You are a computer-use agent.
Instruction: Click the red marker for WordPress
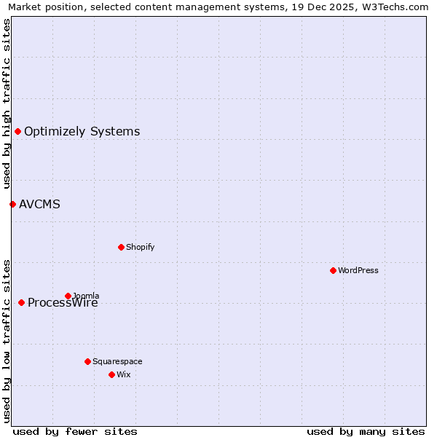point(333,270)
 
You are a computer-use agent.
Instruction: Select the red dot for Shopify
point(121,247)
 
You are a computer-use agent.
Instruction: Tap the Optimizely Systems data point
point(17,131)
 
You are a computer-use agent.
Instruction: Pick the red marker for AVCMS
point(12,204)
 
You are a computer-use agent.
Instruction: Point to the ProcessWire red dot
point(21,302)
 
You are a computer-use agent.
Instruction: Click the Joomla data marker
point(68,296)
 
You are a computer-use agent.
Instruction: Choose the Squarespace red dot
point(87,361)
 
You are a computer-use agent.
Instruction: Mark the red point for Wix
point(111,374)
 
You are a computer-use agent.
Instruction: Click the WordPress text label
point(358,270)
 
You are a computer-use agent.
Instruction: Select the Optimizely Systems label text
point(82,131)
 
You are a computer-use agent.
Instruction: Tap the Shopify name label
point(140,247)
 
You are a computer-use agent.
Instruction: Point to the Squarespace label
point(117,361)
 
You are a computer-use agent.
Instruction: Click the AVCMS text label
point(39,204)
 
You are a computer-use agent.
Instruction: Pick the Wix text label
point(123,374)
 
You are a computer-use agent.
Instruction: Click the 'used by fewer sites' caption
point(75,431)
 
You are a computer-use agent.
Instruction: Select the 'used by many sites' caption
point(366,431)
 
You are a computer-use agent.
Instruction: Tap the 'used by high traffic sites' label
point(7,103)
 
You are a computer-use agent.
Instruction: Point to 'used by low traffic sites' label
point(7,341)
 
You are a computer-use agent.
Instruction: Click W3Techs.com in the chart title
point(393,7)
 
